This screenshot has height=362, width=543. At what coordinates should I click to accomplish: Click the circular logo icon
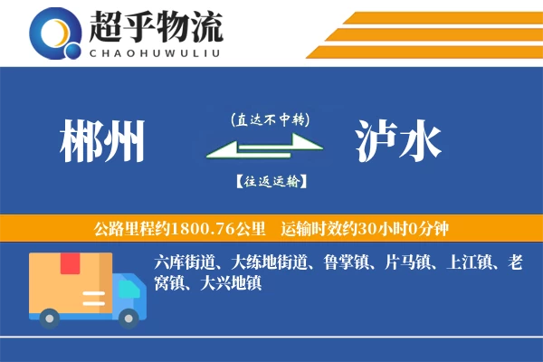[57, 33]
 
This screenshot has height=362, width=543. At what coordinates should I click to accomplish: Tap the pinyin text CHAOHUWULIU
[155, 52]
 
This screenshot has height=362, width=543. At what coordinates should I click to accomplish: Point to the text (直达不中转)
[271, 119]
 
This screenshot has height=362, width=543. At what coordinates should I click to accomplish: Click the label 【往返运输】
[271, 181]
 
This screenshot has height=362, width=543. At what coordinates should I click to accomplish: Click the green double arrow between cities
[263, 149]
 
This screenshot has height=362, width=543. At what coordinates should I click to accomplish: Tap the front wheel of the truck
[130, 317]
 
